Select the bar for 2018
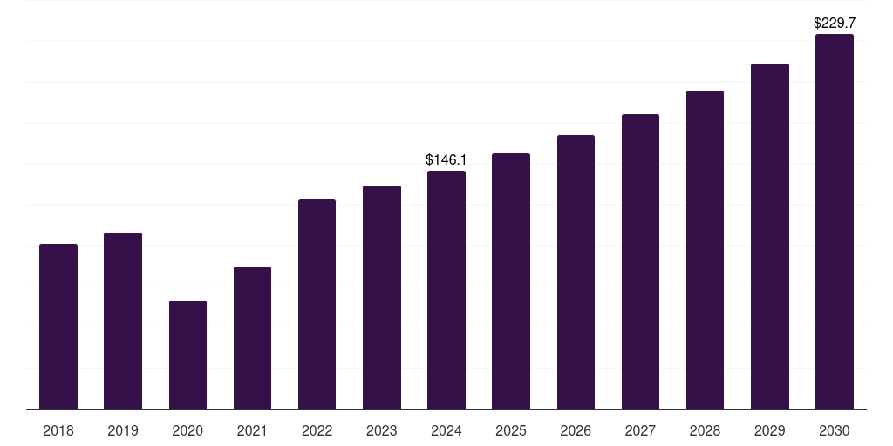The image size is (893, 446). (58, 327)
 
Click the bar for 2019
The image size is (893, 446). (123, 321)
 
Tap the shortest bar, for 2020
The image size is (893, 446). (188, 355)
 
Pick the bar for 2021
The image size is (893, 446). (252, 338)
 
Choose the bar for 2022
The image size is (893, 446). (317, 304)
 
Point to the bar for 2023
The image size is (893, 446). (382, 298)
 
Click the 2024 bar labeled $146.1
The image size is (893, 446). (446, 290)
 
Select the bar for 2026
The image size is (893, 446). (576, 272)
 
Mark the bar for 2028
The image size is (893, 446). (705, 250)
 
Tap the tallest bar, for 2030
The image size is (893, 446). (835, 222)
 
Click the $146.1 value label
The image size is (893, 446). (446, 160)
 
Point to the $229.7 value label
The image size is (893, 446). (835, 24)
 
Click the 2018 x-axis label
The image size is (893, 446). (58, 430)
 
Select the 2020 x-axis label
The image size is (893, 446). (187, 430)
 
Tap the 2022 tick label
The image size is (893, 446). (317, 430)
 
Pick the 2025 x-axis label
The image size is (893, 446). (511, 430)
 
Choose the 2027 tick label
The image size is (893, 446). (640, 430)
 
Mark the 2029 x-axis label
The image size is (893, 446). (769, 430)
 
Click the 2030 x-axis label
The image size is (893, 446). (835, 430)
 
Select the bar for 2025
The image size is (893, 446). (511, 281)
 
